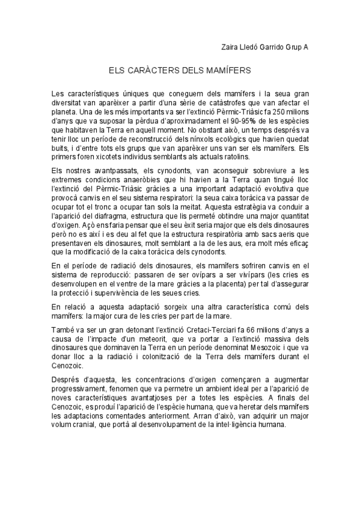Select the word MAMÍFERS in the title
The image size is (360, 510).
(228, 70)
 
